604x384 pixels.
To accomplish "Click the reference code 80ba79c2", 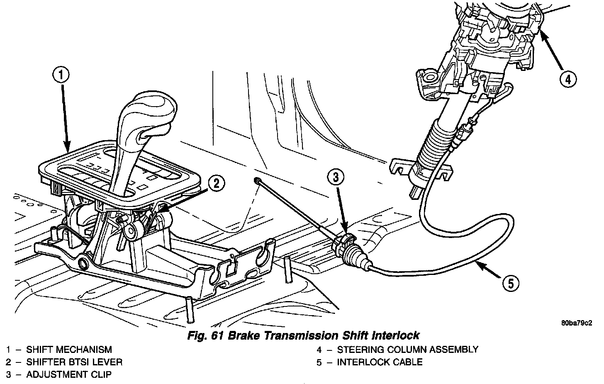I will (577, 322).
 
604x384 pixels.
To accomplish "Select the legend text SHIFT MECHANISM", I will (69, 350).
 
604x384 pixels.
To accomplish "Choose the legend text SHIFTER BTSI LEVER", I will (74, 362).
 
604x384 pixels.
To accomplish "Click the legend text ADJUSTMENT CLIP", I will (69, 374).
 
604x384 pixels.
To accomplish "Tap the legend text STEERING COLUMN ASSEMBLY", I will (407, 350).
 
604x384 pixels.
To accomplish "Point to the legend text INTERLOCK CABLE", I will (380, 362).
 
